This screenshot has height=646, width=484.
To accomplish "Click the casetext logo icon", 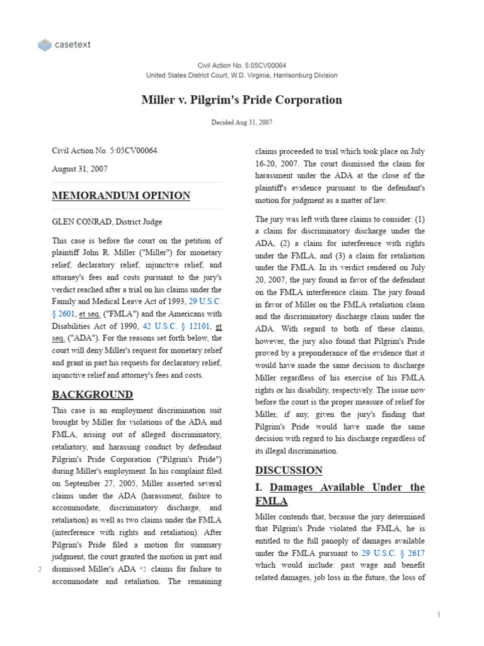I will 45,45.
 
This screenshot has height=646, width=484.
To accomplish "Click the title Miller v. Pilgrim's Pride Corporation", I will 241,100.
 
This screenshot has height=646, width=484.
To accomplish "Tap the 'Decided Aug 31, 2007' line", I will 241,122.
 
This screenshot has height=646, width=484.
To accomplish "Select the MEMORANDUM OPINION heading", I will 121,196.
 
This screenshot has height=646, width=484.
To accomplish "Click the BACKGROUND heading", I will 93,395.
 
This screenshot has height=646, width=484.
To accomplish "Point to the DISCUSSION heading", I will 289,470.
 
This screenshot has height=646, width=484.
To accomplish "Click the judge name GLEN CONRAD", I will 79,221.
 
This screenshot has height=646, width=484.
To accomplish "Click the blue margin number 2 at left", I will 40,570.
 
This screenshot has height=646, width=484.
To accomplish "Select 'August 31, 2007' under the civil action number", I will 79,169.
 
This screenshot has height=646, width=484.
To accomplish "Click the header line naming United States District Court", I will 241,75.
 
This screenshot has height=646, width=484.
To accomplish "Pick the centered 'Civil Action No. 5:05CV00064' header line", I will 241,66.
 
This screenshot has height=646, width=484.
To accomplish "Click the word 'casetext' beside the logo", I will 73,45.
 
